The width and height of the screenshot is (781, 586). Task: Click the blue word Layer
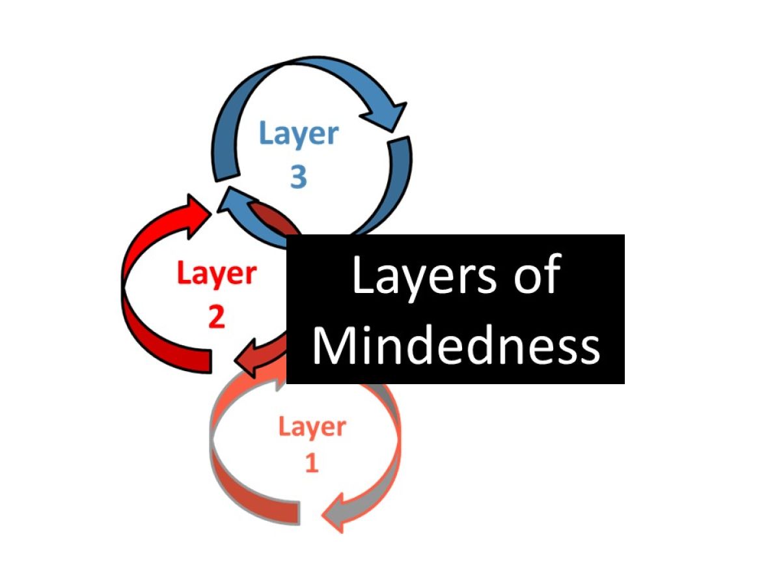(299, 134)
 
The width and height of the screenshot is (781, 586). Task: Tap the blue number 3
(298, 176)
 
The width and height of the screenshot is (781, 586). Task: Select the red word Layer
(216, 275)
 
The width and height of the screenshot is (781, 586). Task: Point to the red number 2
(216, 316)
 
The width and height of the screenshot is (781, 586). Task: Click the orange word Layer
(312, 427)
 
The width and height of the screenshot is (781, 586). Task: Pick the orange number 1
(312, 464)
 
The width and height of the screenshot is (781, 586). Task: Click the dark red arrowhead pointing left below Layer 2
(250, 359)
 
